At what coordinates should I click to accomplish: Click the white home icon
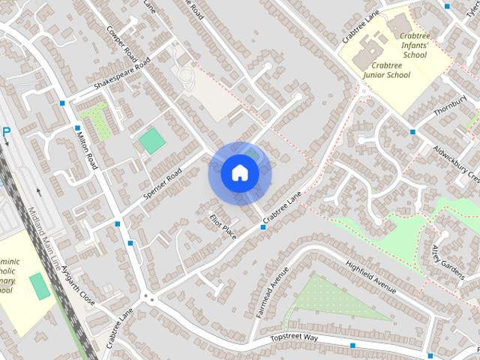[239, 172]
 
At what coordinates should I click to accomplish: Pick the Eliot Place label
[223, 224]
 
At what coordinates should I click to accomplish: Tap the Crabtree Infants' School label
[414, 45]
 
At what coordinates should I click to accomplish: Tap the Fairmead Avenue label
[269, 292]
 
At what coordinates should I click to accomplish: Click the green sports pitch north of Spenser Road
[152, 141]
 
